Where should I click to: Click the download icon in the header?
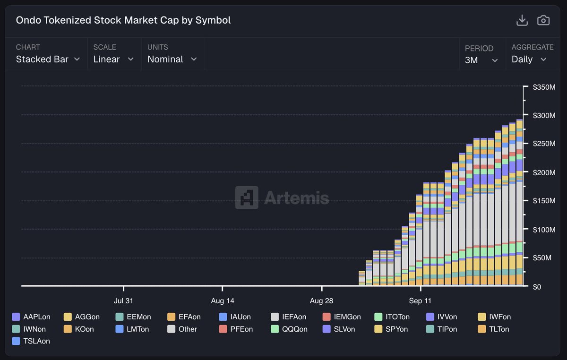pyautogui.click(x=522, y=20)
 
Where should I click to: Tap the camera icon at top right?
pyautogui.click(x=543, y=20)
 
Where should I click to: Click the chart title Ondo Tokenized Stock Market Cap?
pyautogui.click(x=123, y=20)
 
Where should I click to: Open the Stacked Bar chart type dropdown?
pyautogui.click(x=47, y=59)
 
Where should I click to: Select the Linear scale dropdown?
pyautogui.click(x=113, y=59)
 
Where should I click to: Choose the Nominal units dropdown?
pyautogui.click(x=172, y=59)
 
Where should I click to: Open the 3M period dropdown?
pyautogui.click(x=481, y=60)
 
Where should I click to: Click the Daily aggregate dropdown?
pyautogui.click(x=529, y=60)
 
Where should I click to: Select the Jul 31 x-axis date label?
pyautogui.click(x=123, y=300)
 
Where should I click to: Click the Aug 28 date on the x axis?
pyautogui.click(x=321, y=300)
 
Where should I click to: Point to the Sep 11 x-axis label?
pyautogui.click(x=420, y=300)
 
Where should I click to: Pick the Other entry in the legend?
pyautogui.click(x=182, y=329)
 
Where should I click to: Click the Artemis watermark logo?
pyautogui.click(x=283, y=197)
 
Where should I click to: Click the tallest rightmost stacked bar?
pyautogui.click(x=519, y=203)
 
